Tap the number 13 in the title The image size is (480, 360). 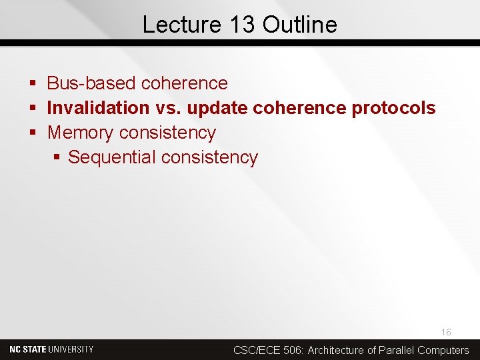point(242,25)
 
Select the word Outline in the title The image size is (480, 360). point(300,25)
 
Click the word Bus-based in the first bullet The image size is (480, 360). point(92,83)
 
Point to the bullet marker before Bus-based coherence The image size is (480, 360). point(33,84)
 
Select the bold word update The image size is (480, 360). point(218,108)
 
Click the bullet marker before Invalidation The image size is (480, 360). point(33,109)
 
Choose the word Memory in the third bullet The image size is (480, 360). point(81,133)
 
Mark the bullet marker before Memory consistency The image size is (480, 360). point(33,133)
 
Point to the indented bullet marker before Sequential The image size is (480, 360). point(57,158)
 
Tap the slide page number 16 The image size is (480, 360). point(446,332)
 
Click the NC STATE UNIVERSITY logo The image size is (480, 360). point(51,349)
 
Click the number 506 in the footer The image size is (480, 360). point(293,350)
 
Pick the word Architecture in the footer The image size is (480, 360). point(336,350)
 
